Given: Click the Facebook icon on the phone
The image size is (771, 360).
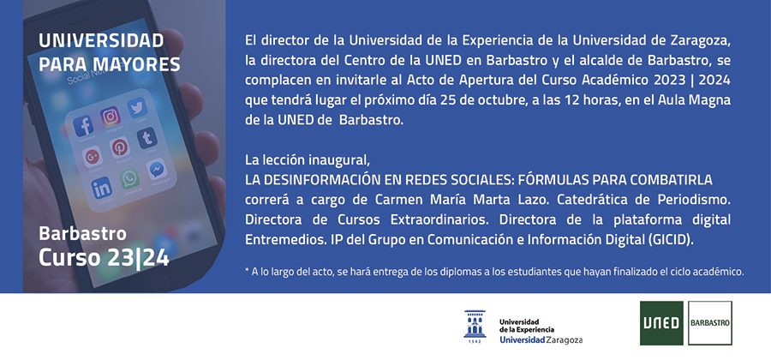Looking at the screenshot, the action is pos(84,126).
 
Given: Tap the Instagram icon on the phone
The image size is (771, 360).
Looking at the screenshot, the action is pos(111,117).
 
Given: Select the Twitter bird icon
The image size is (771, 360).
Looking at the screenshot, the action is pos(137,108).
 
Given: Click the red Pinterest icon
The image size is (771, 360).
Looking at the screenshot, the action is pos(119,147).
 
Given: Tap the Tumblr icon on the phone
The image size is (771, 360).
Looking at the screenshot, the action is pos(147,138).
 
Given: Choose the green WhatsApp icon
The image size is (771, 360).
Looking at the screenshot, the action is pos(130,178).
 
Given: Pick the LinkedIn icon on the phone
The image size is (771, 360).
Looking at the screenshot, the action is pos(101,188).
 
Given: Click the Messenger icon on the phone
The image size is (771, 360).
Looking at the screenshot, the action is pos(157,169).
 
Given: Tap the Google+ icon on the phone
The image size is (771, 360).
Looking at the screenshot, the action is pos(92,157).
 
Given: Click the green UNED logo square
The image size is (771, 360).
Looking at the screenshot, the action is pos(661,323).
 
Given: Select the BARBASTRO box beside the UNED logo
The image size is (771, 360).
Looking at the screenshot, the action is pos(710,323).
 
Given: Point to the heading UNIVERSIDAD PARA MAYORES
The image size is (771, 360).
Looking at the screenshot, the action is pos(109,52).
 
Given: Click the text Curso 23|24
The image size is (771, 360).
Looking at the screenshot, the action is pos(104,258).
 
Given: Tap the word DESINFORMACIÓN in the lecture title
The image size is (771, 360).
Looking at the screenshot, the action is pos(308,180).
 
